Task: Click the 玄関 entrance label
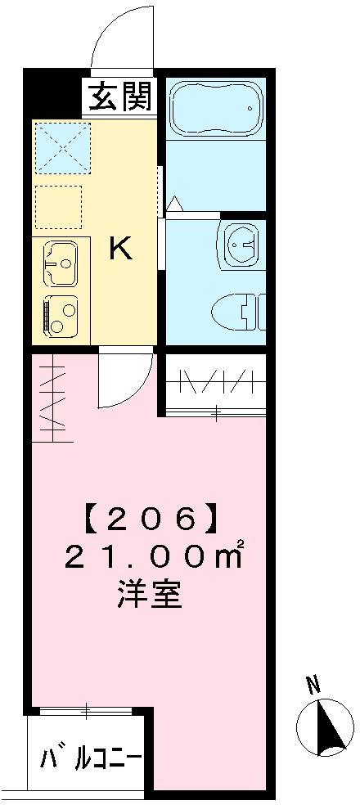[x=122, y=97]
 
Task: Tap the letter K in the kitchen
[x=122, y=250]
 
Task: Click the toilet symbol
[x=239, y=312]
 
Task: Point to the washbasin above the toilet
[x=240, y=245]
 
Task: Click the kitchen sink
[x=61, y=264]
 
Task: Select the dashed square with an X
[x=63, y=148]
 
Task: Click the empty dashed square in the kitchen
[x=59, y=206]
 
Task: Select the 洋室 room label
[x=150, y=596]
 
